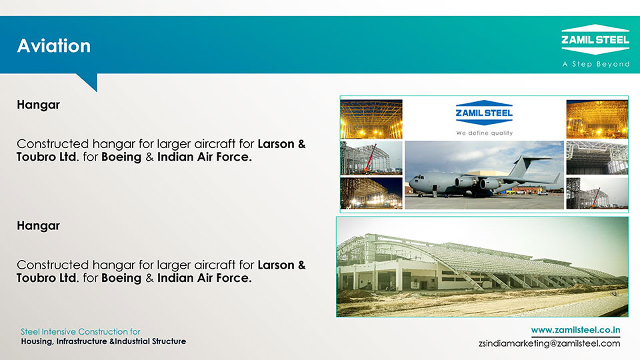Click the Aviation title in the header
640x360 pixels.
click(x=54, y=46)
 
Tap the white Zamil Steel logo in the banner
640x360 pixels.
click(x=595, y=39)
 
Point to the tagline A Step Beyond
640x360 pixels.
click(x=596, y=64)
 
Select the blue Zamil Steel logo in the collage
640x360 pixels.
click(x=484, y=113)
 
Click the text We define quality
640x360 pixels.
click(x=485, y=133)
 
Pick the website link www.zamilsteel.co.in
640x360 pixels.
click(x=575, y=330)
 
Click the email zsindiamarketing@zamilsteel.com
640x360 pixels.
click(x=549, y=343)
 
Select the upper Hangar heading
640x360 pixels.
click(x=39, y=105)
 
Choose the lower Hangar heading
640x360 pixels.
click(x=39, y=226)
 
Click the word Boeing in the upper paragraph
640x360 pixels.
click(x=121, y=157)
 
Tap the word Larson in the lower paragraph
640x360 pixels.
click(x=276, y=265)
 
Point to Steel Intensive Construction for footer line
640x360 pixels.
click(x=81, y=331)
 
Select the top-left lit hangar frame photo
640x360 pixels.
click(x=371, y=119)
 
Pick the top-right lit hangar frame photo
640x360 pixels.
click(x=597, y=119)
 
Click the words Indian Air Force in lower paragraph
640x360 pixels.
click(x=204, y=278)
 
